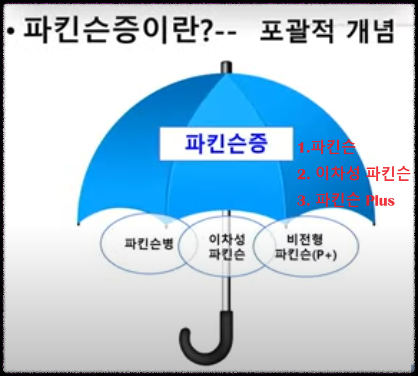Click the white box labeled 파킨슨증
coord(225,144)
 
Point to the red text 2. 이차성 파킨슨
coord(354,174)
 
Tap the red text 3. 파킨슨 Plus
coord(346,200)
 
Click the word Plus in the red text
coord(380,201)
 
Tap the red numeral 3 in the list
coord(302,201)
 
